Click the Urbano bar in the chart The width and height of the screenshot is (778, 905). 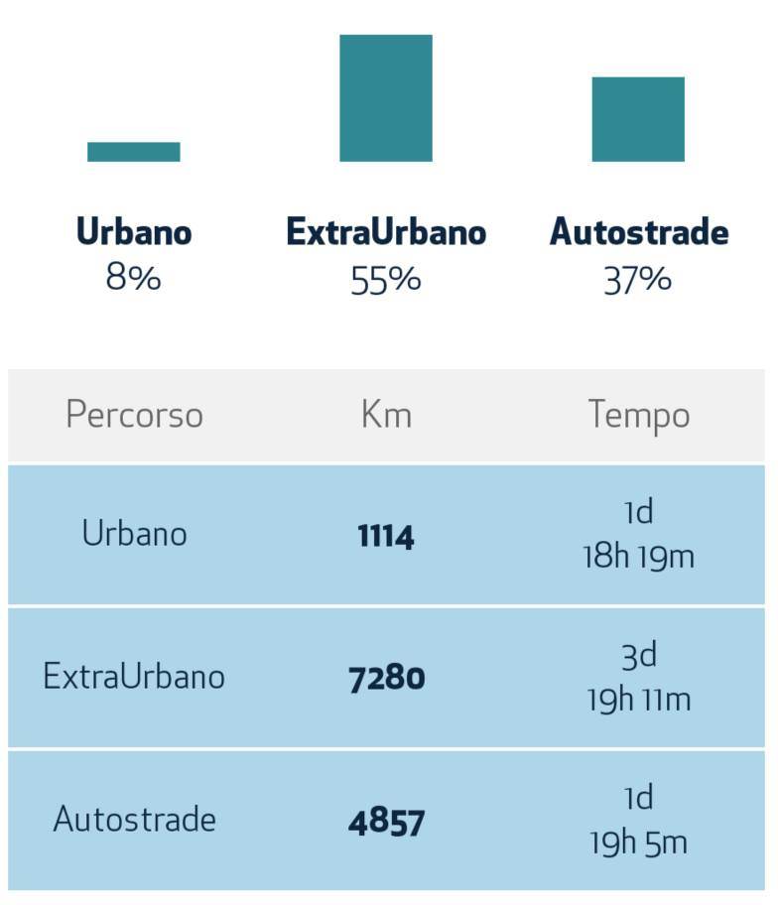[134, 152]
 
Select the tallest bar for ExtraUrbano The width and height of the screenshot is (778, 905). [386, 98]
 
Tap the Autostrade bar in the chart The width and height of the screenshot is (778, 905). [638, 119]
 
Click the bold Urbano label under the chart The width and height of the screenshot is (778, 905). [134, 232]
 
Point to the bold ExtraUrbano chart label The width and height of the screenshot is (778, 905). [386, 232]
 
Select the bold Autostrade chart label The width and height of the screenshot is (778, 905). [639, 232]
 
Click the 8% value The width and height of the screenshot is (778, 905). [134, 278]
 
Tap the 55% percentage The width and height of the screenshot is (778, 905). [386, 280]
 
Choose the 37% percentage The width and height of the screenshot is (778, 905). [638, 280]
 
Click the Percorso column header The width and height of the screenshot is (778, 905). [134, 415]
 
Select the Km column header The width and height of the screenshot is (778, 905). [386, 415]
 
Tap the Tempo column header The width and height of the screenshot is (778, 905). [638, 415]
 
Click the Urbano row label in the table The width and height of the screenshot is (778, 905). [134, 534]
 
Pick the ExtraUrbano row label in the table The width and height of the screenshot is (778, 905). [134, 677]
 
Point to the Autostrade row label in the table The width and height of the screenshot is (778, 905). [134, 820]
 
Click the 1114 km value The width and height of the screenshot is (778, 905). [386, 537]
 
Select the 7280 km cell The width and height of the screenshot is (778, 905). [386, 679]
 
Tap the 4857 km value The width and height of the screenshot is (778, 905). [386, 823]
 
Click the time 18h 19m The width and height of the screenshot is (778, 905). [638, 557]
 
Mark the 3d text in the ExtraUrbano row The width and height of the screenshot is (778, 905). [638, 655]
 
